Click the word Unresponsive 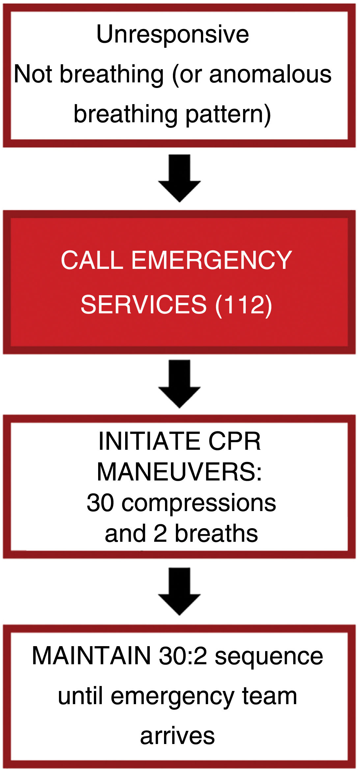tap(172, 34)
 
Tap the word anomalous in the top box tap(270, 74)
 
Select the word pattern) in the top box tap(228, 114)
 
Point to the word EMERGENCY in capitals tap(211, 260)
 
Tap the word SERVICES tap(144, 304)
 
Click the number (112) tap(243, 304)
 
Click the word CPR tap(235, 442)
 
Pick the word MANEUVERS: tap(180, 472)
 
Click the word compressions tap(199, 503)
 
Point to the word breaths tap(216, 533)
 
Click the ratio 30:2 tap(183, 656)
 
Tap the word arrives tap(177, 736)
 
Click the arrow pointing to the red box tap(180, 178)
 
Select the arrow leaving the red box tap(180, 384)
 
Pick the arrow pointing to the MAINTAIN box tap(180, 591)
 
